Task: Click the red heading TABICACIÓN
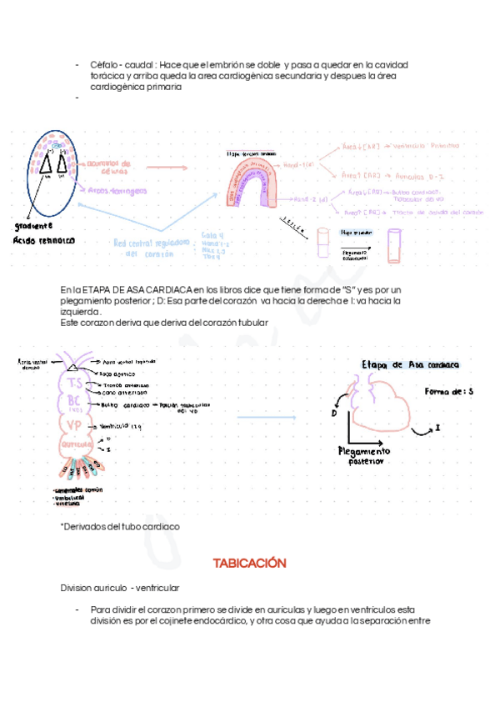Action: (x=249, y=564)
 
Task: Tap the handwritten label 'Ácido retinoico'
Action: (x=43, y=240)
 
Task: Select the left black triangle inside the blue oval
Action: (x=46, y=166)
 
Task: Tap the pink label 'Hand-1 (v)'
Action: (x=297, y=166)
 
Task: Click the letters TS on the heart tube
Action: (x=75, y=384)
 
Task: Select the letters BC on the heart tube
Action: (x=76, y=402)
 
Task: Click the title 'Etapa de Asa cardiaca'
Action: (x=410, y=365)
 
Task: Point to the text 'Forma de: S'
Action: (x=448, y=391)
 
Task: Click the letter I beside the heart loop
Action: (x=437, y=427)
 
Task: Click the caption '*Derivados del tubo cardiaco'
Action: (x=120, y=528)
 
